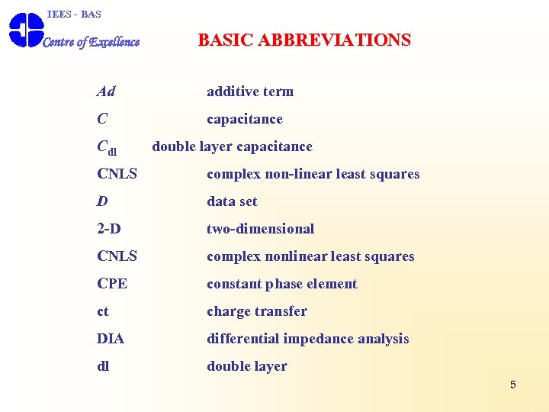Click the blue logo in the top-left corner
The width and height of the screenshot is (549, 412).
click(x=26, y=31)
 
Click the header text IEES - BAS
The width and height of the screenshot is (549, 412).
click(x=74, y=14)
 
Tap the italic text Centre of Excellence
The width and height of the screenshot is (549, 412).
click(x=91, y=42)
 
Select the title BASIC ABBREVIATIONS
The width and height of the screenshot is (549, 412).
click(x=304, y=40)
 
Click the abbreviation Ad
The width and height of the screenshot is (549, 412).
click(x=106, y=92)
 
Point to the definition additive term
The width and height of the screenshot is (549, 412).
click(x=250, y=92)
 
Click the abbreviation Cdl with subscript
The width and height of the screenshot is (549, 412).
click(x=107, y=147)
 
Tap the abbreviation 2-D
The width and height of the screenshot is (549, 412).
click(x=109, y=229)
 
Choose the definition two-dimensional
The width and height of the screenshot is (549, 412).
click(x=260, y=229)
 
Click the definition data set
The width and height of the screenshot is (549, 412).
click(x=232, y=201)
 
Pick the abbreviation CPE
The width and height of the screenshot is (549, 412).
click(x=112, y=284)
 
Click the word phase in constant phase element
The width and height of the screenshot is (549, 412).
click(x=284, y=284)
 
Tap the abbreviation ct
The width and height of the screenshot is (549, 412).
click(x=103, y=311)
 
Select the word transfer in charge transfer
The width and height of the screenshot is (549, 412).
click(x=281, y=311)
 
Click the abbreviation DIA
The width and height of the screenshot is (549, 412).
click(x=111, y=339)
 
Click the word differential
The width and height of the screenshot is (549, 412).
click(x=242, y=339)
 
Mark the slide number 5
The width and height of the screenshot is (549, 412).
click(x=512, y=385)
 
